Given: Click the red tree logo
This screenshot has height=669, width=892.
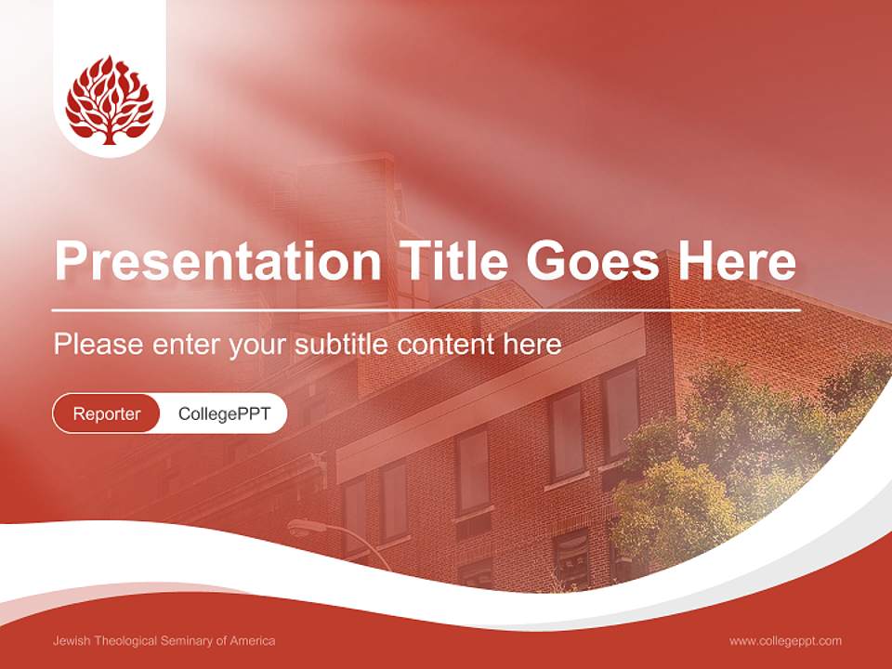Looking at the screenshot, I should (109, 99).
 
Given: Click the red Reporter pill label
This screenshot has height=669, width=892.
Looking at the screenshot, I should (107, 413).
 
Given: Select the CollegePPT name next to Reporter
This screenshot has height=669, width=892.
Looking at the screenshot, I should (224, 413).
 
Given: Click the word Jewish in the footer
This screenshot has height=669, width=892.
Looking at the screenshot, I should (72, 641).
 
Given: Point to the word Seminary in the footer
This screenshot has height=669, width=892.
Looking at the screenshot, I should (190, 641).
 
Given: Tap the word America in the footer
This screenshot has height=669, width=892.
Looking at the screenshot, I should (254, 641).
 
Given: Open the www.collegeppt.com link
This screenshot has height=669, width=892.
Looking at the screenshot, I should (785, 641).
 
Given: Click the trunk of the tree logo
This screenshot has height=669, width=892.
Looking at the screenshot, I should (110, 136).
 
